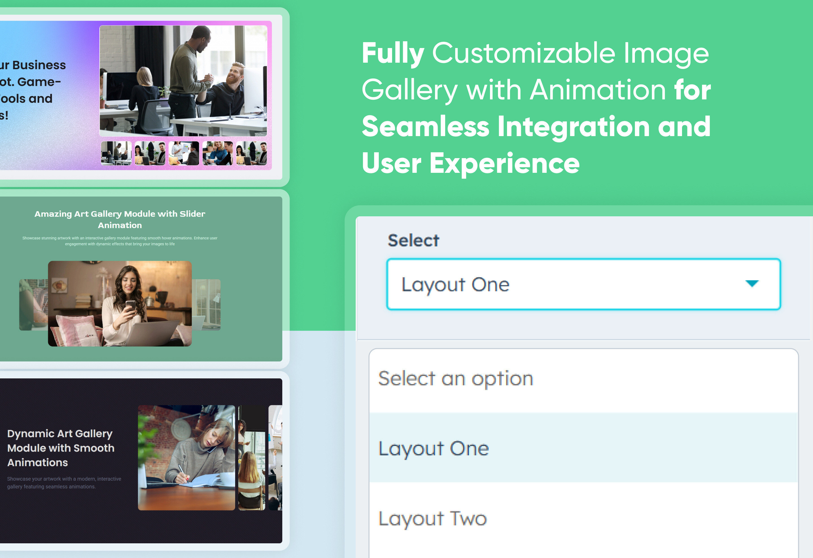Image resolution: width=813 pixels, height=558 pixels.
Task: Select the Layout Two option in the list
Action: [432, 518]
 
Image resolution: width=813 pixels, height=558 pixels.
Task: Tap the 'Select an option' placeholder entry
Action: [455, 378]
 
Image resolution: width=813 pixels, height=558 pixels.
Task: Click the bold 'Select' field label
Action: [413, 240]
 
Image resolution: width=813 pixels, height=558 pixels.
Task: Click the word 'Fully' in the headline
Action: [393, 53]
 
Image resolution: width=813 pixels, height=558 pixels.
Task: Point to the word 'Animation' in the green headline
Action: [598, 90]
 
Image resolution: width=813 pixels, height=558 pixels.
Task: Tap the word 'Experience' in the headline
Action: [504, 164]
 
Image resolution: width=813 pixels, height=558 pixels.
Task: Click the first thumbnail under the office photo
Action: [116, 153]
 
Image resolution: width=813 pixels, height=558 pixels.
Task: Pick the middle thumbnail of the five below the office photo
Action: [184, 153]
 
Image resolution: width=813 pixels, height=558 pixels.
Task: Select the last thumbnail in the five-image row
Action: [252, 153]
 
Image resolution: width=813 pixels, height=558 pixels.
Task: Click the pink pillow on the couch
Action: [75, 329]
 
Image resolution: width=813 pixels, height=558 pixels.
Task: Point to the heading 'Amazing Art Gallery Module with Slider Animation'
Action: [120, 219]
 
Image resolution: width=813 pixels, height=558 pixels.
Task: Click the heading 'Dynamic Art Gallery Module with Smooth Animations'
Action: [60, 448]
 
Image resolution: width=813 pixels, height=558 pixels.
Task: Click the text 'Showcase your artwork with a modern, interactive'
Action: [64, 479]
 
